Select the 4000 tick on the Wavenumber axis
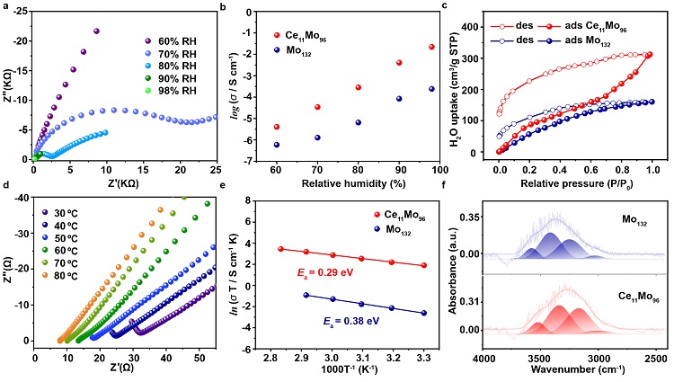click(x=485, y=358)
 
